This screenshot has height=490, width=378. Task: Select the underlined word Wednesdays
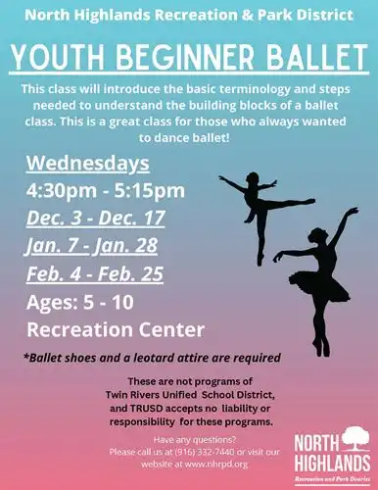point(88,163)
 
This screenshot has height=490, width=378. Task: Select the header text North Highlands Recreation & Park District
point(188,15)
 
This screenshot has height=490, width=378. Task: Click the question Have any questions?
point(188,440)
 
